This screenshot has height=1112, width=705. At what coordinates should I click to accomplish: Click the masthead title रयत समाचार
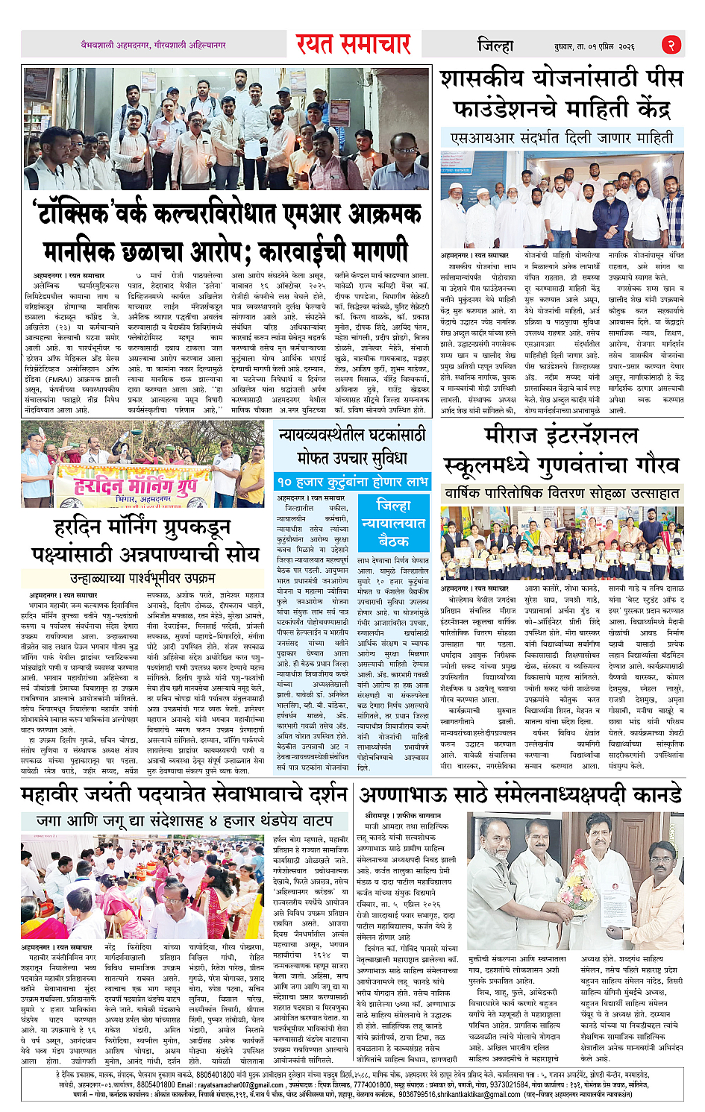353,45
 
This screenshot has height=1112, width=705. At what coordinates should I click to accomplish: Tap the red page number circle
671,45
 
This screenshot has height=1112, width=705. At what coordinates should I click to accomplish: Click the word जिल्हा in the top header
495,45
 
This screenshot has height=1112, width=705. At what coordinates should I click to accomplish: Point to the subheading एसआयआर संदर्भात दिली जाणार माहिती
561,138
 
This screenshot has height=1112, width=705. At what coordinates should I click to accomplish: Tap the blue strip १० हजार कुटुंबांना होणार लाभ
352,482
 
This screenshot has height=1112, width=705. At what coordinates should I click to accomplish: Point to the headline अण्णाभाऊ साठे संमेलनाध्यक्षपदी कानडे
520,794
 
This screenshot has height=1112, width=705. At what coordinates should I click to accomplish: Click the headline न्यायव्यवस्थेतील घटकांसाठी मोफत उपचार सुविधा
352,445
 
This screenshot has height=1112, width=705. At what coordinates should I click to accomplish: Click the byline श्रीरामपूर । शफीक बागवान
402,816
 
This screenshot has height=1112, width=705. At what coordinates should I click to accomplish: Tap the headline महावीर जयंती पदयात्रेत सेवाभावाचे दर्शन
184,794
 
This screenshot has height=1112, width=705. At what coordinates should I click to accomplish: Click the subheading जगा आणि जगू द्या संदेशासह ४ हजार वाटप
184,820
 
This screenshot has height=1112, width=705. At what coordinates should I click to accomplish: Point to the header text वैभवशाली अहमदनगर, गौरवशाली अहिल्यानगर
153,45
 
